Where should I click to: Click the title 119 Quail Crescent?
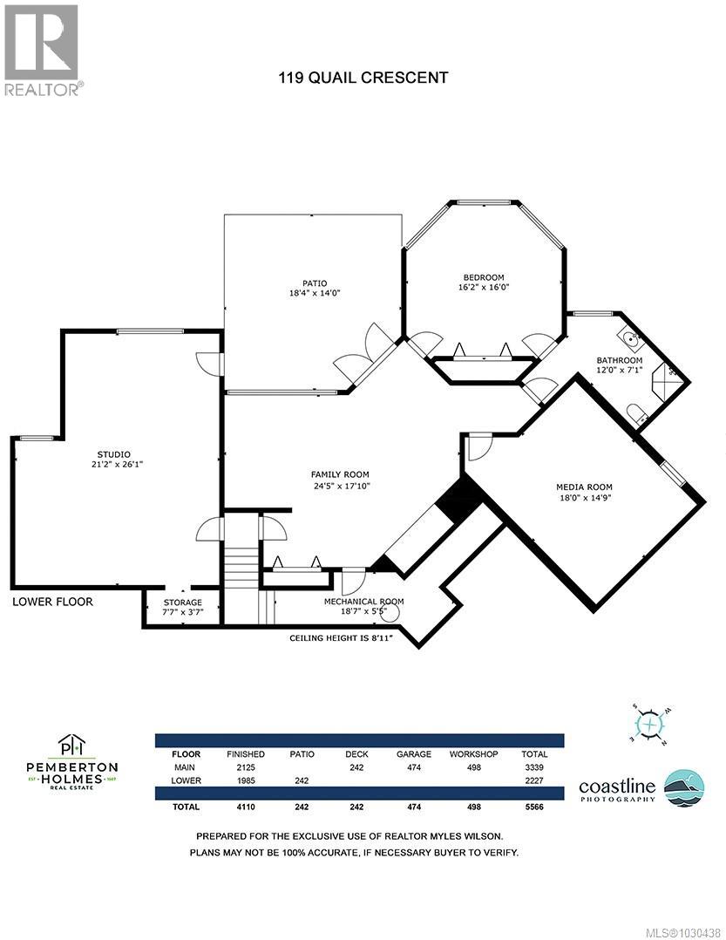point(363,78)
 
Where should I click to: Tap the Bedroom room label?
point(482,277)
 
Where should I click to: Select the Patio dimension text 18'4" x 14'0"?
point(314,294)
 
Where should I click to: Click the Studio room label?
point(113,453)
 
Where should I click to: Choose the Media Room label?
point(584,487)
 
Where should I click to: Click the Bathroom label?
point(619,360)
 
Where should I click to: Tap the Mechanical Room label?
point(363,601)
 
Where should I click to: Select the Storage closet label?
point(182,603)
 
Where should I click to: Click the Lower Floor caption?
point(52,602)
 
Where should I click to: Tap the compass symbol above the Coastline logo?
point(649,725)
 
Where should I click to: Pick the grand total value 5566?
point(533,807)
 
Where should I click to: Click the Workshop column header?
point(473,753)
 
